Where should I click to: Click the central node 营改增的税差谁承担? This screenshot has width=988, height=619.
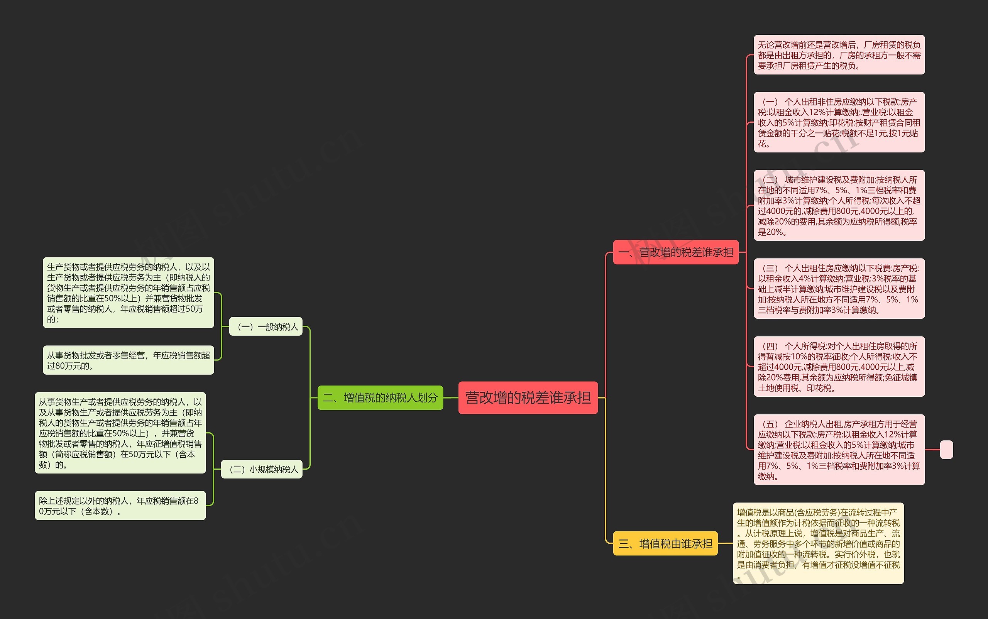tap(528, 397)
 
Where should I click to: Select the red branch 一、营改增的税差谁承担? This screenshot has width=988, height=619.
tap(676, 252)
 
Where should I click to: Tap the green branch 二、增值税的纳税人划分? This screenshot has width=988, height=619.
tap(380, 397)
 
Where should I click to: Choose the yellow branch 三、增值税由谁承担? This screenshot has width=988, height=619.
tap(665, 543)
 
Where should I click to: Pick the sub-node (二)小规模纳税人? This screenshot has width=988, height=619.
tap(262, 469)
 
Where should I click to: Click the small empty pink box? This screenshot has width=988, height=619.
tap(946, 450)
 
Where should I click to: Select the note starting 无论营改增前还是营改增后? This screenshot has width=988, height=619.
tap(839, 55)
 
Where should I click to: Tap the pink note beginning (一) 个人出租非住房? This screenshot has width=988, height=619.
tap(839, 122)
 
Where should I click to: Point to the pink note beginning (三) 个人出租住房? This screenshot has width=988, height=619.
tap(839, 288)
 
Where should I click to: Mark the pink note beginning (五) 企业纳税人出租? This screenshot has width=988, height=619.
tap(839, 450)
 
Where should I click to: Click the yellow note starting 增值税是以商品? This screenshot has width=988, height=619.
tap(818, 543)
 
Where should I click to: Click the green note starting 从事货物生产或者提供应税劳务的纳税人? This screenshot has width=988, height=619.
tap(120, 433)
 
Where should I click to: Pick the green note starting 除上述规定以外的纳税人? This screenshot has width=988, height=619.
tap(120, 506)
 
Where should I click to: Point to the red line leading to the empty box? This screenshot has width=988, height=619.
tap(932, 450)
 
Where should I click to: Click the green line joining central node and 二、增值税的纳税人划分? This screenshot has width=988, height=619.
tap(450, 397)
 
